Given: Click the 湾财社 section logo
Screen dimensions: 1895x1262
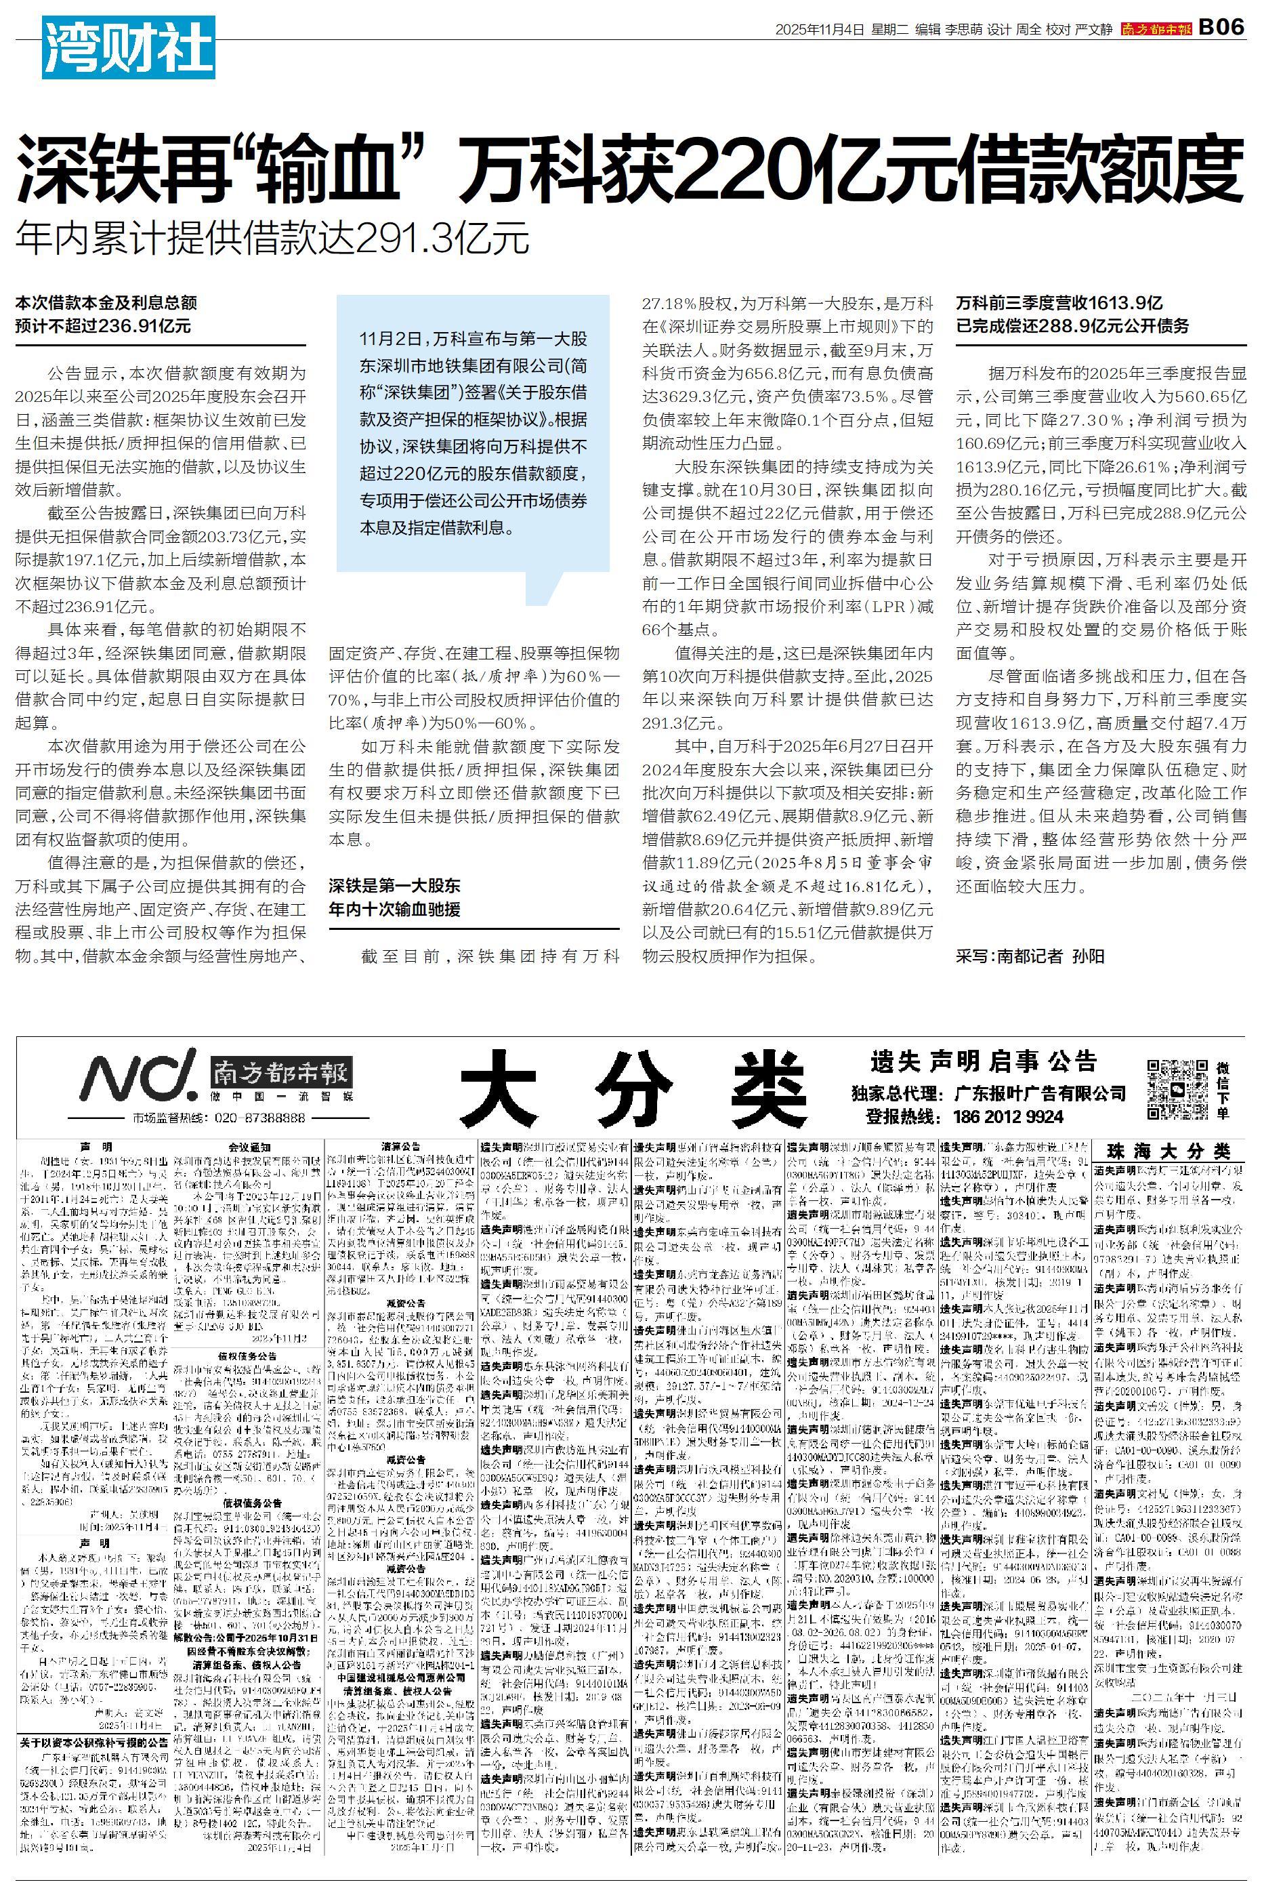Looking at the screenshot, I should click(128, 47).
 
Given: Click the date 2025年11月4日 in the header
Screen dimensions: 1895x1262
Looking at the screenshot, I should click(820, 29).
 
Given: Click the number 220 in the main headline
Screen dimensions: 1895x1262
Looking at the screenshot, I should click(740, 168).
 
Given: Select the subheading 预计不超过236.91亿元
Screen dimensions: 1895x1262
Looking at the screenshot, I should click(103, 326).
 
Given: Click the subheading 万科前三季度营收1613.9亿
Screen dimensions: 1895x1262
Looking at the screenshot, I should click(1059, 304).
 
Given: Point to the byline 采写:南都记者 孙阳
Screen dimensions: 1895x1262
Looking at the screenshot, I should click(1030, 956).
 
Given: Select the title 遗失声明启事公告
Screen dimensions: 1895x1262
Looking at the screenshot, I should click(984, 1061).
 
